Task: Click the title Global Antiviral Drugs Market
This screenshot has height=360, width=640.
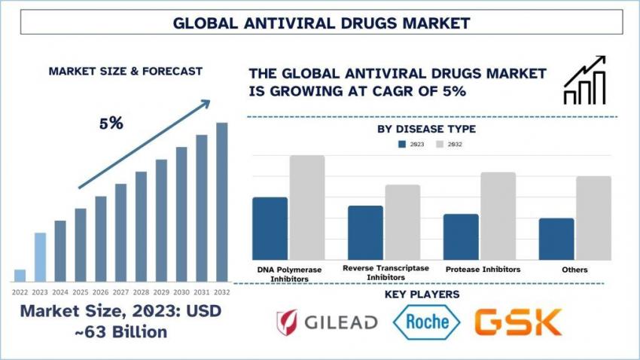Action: (321, 23)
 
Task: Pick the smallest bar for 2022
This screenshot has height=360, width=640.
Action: (20, 275)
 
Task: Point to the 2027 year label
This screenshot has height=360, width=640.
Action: (121, 291)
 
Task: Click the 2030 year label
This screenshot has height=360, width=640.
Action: (181, 291)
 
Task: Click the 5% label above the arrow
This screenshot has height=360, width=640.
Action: (111, 124)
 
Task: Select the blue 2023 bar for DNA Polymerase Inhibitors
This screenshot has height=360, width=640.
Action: (270, 228)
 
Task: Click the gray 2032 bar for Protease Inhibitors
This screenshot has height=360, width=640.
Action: (498, 215)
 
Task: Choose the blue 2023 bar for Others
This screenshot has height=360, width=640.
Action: (556, 239)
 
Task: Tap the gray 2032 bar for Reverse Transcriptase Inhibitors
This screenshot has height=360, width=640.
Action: (403, 222)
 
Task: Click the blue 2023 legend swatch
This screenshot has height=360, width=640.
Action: (403, 144)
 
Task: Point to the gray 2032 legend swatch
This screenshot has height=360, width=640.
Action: (440, 144)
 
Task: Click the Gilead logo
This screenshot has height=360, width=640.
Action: (327, 322)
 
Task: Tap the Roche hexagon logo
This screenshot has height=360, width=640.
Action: (427, 322)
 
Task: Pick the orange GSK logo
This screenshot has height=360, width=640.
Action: (518, 322)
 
